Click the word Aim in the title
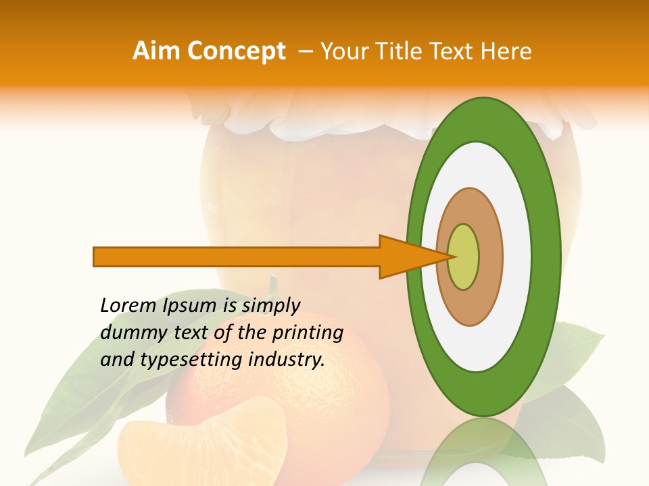pos(157,51)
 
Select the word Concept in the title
pos(236,51)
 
